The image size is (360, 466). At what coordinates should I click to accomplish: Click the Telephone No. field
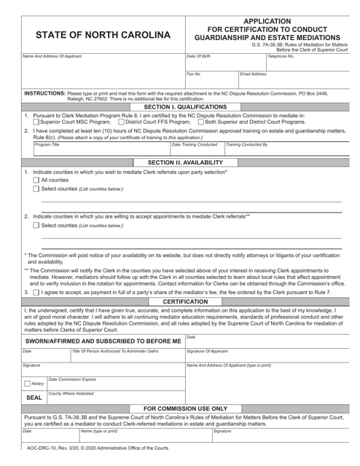point(309,64)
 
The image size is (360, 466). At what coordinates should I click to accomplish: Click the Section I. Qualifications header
point(179,106)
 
